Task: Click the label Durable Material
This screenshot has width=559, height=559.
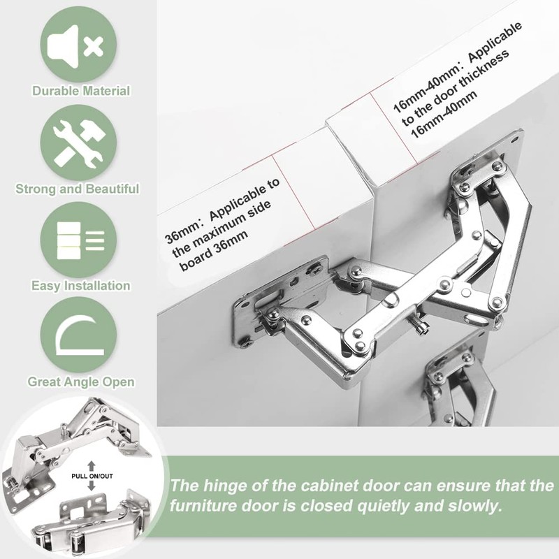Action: (x=81, y=91)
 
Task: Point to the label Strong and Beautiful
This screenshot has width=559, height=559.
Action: (x=78, y=189)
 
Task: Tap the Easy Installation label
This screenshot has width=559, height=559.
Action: (x=81, y=285)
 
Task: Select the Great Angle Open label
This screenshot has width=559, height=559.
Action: (x=81, y=382)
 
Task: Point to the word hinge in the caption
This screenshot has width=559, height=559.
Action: (x=222, y=486)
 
